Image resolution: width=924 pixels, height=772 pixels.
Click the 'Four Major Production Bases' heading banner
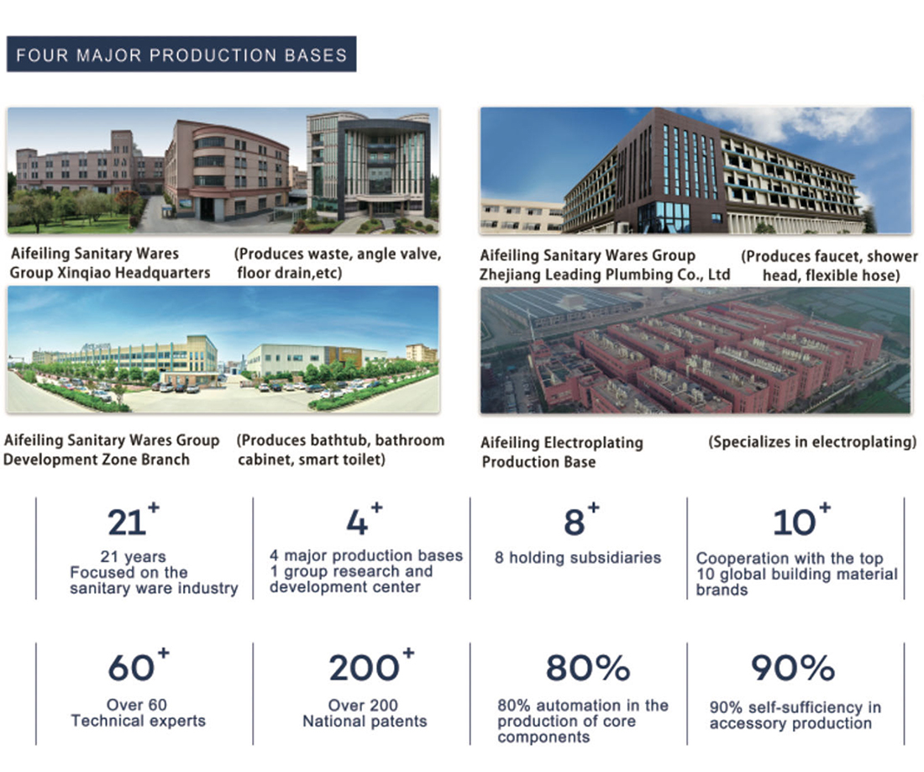(x=181, y=55)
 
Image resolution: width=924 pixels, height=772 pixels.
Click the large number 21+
(x=134, y=519)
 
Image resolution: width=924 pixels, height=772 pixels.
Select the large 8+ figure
(x=581, y=519)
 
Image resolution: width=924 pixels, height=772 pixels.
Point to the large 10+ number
(x=801, y=519)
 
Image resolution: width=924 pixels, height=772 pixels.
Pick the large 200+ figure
(x=372, y=664)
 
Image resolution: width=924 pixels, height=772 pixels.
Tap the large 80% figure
(x=588, y=667)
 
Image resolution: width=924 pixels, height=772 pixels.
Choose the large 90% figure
(x=793, y=667)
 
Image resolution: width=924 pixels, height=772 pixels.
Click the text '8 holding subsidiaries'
(x=578, y=558)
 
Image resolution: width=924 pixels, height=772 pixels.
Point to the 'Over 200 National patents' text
(x=365, y=713)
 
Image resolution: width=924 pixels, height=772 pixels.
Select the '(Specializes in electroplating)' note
(x=812, y=442)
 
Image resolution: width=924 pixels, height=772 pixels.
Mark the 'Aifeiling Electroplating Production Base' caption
(x=562, y=452)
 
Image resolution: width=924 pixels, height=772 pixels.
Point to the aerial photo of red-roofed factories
(x=696, y=350)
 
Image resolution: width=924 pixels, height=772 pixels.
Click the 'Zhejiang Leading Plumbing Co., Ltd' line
(x=605, y=275)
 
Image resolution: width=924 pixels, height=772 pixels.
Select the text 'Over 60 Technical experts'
(x=139, y=713)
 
